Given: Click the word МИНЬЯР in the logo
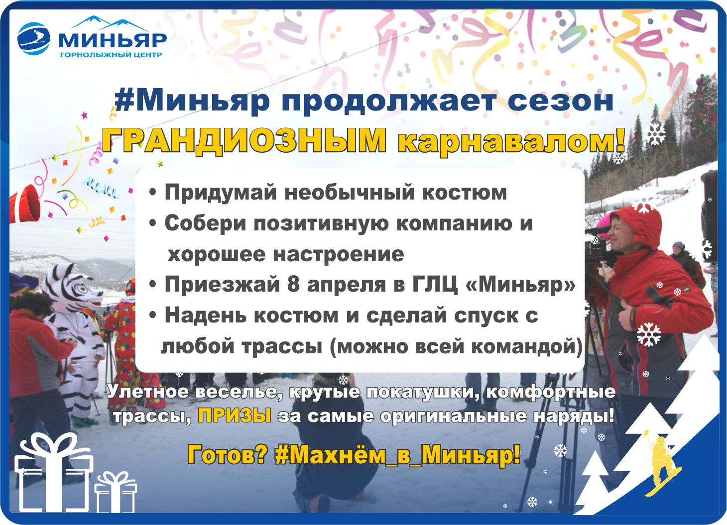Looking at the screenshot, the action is pos(113,40).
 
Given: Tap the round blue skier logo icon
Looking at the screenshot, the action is pos(34,39).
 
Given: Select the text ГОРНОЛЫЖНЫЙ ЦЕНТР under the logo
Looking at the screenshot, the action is pos(111,55).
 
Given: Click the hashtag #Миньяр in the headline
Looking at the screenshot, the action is pos(192,102).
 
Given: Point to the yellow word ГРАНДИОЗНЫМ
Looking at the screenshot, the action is pos(244,141).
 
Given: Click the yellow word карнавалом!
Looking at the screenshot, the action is pos(511,141).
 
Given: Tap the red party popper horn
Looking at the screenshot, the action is pos(25,204).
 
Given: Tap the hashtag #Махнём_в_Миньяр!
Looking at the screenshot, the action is pos(397,455).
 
